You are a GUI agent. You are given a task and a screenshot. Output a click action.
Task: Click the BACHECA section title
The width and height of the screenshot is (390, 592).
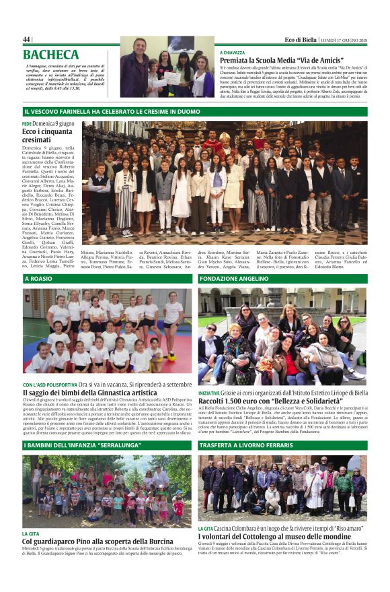pyautogui.click(x=51, y=55)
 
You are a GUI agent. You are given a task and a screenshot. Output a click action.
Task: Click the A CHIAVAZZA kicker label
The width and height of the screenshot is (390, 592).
pyautogui.click(x=232, y=52)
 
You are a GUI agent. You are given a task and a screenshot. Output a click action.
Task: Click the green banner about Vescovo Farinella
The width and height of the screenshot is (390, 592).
pyautogui.click(x=112, y=111)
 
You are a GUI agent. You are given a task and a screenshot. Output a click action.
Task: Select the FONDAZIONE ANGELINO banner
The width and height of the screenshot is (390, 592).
pyautogui.click(x=234, y=278)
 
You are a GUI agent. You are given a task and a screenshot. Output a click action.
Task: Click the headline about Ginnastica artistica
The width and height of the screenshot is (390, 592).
pyautogui.click(x=89, y=393)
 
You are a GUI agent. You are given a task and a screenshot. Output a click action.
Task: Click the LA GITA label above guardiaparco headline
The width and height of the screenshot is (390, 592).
pyautogui.click(x=31, y=533)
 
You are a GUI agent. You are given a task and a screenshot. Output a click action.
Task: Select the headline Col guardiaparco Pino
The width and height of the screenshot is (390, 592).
pyautogui.click(x=98, y=541)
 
